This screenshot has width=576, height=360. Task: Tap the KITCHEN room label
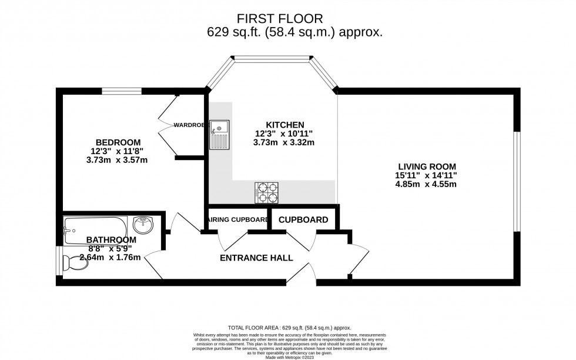point(284,125)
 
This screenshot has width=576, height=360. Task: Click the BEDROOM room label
point(118,142)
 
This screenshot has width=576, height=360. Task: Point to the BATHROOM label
point(111,240)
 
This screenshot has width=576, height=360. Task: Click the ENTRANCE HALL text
point(256,258)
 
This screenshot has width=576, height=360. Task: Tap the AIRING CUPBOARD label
point(236,219)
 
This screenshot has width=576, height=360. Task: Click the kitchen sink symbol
point(219,135)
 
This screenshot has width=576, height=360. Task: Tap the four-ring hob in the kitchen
point(267,193)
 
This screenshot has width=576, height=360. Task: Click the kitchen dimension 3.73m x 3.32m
point(284,142)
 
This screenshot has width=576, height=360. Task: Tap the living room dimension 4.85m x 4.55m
point(426,184)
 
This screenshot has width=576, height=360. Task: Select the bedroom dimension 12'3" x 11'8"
point(118,151)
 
